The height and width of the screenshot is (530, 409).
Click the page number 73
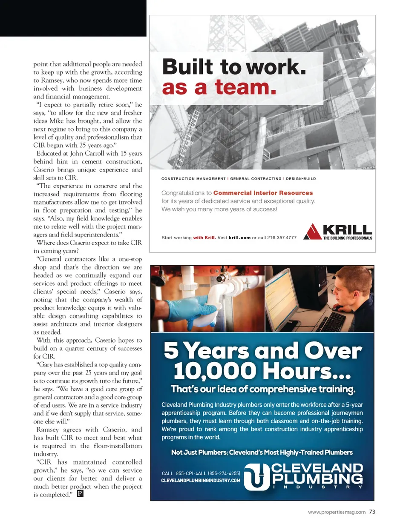372,512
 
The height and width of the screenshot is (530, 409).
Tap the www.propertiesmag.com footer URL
337,512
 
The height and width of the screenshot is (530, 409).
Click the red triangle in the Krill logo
312,232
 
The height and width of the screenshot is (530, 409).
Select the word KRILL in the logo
347,230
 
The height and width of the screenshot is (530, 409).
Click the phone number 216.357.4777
282,238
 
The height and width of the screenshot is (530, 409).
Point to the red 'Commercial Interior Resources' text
263,193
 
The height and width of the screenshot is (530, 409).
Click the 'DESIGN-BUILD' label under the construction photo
301,179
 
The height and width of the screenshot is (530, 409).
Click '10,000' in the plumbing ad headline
215,371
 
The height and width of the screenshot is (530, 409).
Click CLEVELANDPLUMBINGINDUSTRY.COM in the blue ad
200,481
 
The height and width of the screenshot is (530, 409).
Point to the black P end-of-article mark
80,494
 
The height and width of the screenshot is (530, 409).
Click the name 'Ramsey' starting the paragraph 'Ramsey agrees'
48,430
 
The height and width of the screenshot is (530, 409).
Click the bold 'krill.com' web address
239,238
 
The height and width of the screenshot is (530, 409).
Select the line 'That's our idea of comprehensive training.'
262,389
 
